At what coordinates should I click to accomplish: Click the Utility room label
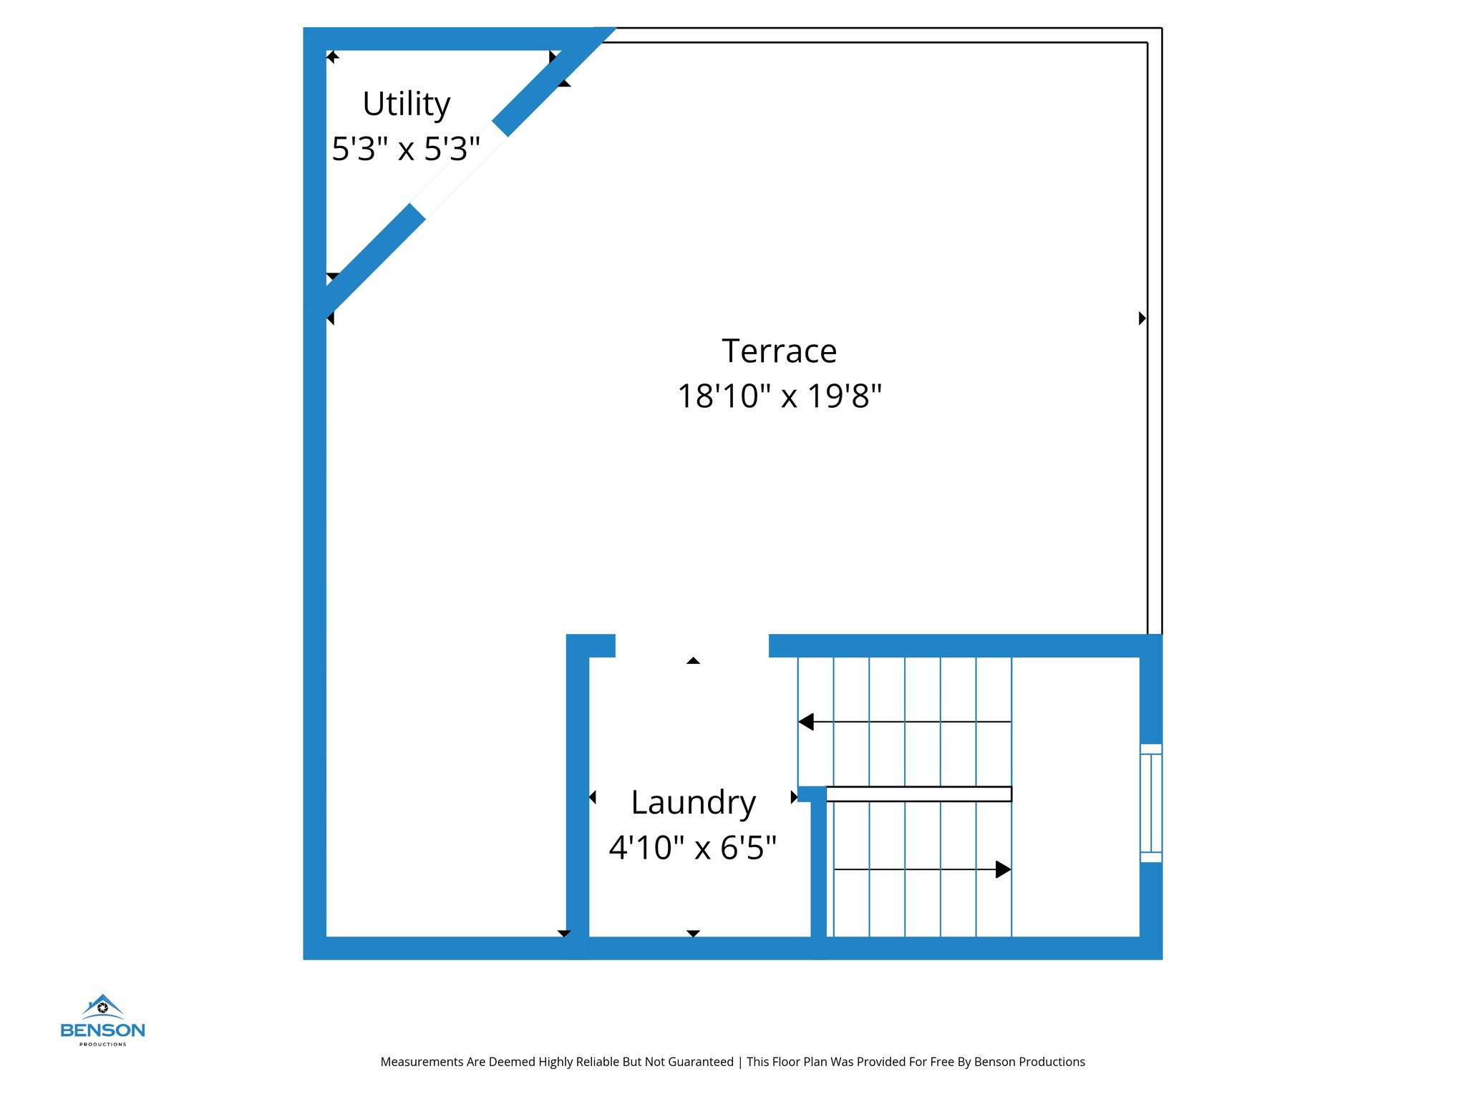(x=406, y=104)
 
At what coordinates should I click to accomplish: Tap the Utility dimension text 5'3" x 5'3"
(x=406, y=149)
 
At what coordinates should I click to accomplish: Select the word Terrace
(x=779, y=351)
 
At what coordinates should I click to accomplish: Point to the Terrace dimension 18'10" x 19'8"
(x=779, y=396)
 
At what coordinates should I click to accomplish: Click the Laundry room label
(x=693, y=803)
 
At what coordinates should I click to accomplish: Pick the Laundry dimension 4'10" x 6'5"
(x=692, y=848)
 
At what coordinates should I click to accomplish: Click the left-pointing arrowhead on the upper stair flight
(x=807, y=722)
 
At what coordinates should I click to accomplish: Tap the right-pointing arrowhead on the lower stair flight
(x=1003, y=869)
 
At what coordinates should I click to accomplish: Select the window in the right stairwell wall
(x=1150, y=803)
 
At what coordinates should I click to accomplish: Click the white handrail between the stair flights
(x=918, y=793)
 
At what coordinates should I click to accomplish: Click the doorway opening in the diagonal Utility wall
(x=459, y=170)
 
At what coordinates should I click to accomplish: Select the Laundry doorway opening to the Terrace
(x=691, y=645)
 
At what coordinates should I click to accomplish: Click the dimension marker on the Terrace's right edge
(x=1142, y=318)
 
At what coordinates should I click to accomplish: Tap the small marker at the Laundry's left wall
(x=593, y=797)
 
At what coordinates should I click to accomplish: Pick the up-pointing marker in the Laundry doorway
(x=693, y=660)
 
